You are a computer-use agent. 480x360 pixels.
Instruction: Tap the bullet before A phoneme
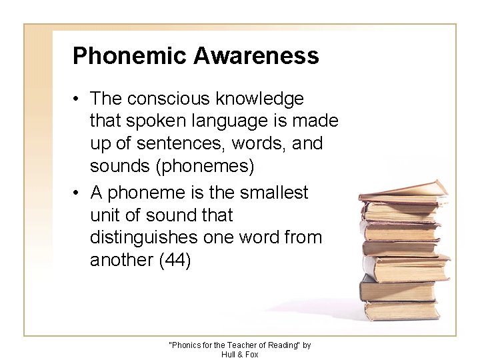click(x=78, y=193)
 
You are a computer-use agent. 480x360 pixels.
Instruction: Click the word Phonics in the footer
click(x=188, y=345)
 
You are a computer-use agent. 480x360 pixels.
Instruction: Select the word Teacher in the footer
click(x=237, y=345)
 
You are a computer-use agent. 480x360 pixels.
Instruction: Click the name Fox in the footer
click(x=251, y=353)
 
